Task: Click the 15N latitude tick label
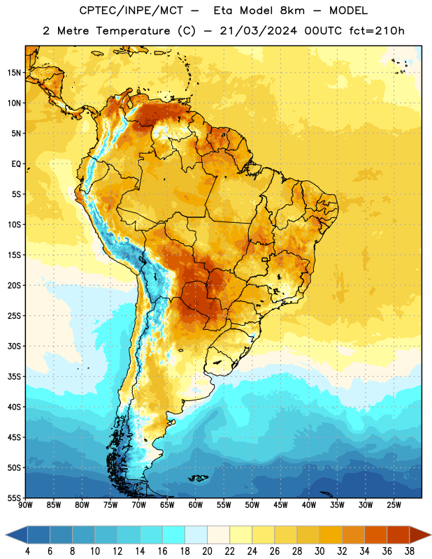point(14,73)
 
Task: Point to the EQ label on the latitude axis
point(16,164)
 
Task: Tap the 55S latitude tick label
point(14,498)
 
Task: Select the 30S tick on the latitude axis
point(14,346)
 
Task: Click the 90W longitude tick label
point(25,505)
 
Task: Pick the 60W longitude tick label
point(196,505)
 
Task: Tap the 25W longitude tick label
point(394,505)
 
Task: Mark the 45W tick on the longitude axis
point(280,505)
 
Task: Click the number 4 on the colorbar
point(27,551)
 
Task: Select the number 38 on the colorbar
point(410,551)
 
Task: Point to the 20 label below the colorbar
point(207,551)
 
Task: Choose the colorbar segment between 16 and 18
point(173,535)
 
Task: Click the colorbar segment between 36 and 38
point(398,535)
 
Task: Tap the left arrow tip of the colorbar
point(6,535)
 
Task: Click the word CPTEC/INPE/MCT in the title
point(131,10)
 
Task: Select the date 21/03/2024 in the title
point(258,31)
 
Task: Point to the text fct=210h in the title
point(377,31)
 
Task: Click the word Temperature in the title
point(133,31)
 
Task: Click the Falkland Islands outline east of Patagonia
point(199,478)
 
